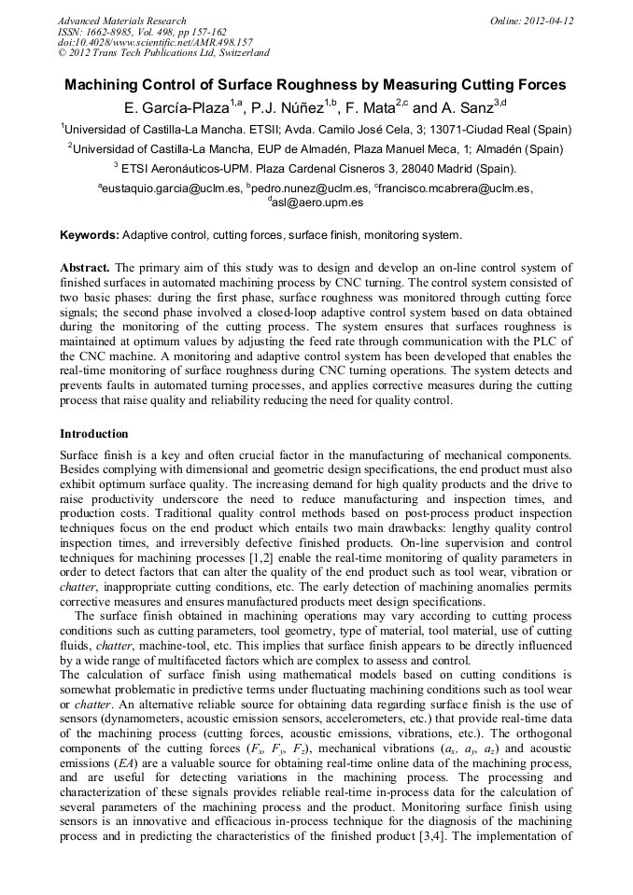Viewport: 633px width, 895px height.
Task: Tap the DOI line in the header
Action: [x=155, y=43]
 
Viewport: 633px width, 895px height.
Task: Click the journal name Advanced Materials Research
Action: [x=121, y=21]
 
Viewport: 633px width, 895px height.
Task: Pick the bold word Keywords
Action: [x=89, y=235]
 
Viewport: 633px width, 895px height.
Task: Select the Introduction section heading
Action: [x=94, y=434]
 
